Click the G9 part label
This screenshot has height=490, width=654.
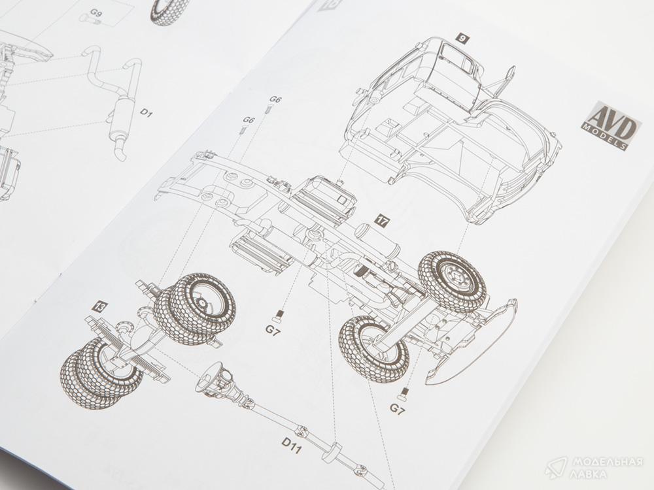click(96, 13)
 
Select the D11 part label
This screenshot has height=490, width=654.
click(292, 446)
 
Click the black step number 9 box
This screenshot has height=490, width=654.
click(462, 39)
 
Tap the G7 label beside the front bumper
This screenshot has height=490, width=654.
click(398, 410)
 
